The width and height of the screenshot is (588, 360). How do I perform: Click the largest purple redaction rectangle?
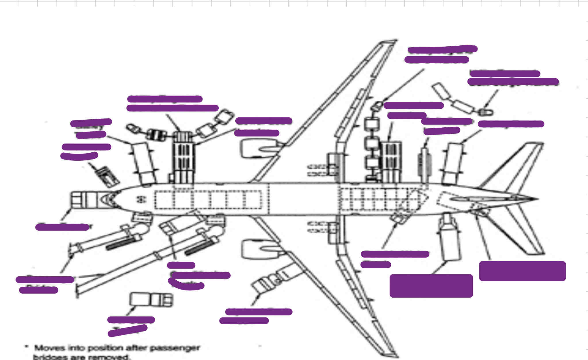[x=431, y=286]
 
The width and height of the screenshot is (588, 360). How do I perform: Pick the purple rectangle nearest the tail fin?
[x=522, y=271]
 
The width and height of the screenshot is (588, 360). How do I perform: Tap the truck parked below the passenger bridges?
[x=151, y=299]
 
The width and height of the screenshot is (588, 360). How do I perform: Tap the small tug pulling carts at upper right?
[x=486, y=112]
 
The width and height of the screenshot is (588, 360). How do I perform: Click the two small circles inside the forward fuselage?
[x=141, y=199]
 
